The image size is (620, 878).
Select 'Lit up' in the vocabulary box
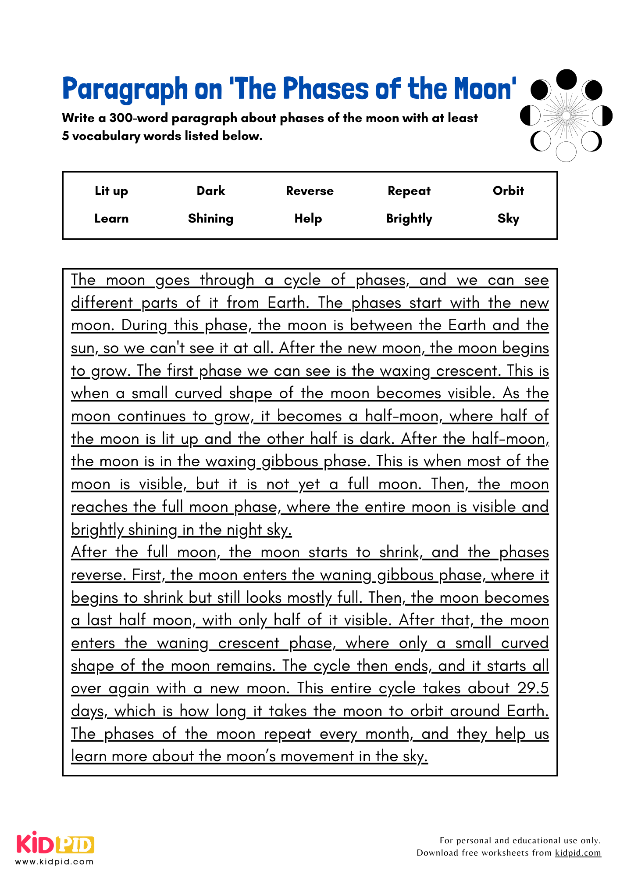pyautogui.click(x=111, y=191)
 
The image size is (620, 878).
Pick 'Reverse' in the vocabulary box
pyautogui.click(x=310, y=191)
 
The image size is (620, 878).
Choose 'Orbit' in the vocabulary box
pyautogui.click(x=508, y=191)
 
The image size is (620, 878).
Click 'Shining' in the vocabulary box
pyautogui.click(x=210, y=219)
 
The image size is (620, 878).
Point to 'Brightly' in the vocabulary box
pyautogui.click(x=409, y=219)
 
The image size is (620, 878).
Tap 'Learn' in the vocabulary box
pyautogui.click(x=111, y=219)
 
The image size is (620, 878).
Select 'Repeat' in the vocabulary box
pyautogui.click(x=409, y=191)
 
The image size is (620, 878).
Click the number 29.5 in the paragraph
pyautogui.click(x=533, y=688)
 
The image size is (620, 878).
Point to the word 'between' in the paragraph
pyautogui.click(x=381, y=325)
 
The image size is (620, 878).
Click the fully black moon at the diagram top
pyautogui.click(x=566, y=79)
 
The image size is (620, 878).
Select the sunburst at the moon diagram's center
pyautogui.click(x=566, y=116)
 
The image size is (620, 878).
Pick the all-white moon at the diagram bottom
pyautogui.click(x=566, y=152)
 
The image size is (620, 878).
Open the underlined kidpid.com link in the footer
pyautogui.click(x=578, y=853)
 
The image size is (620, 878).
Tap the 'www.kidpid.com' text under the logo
pyautogui.click(x=55, y=862)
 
